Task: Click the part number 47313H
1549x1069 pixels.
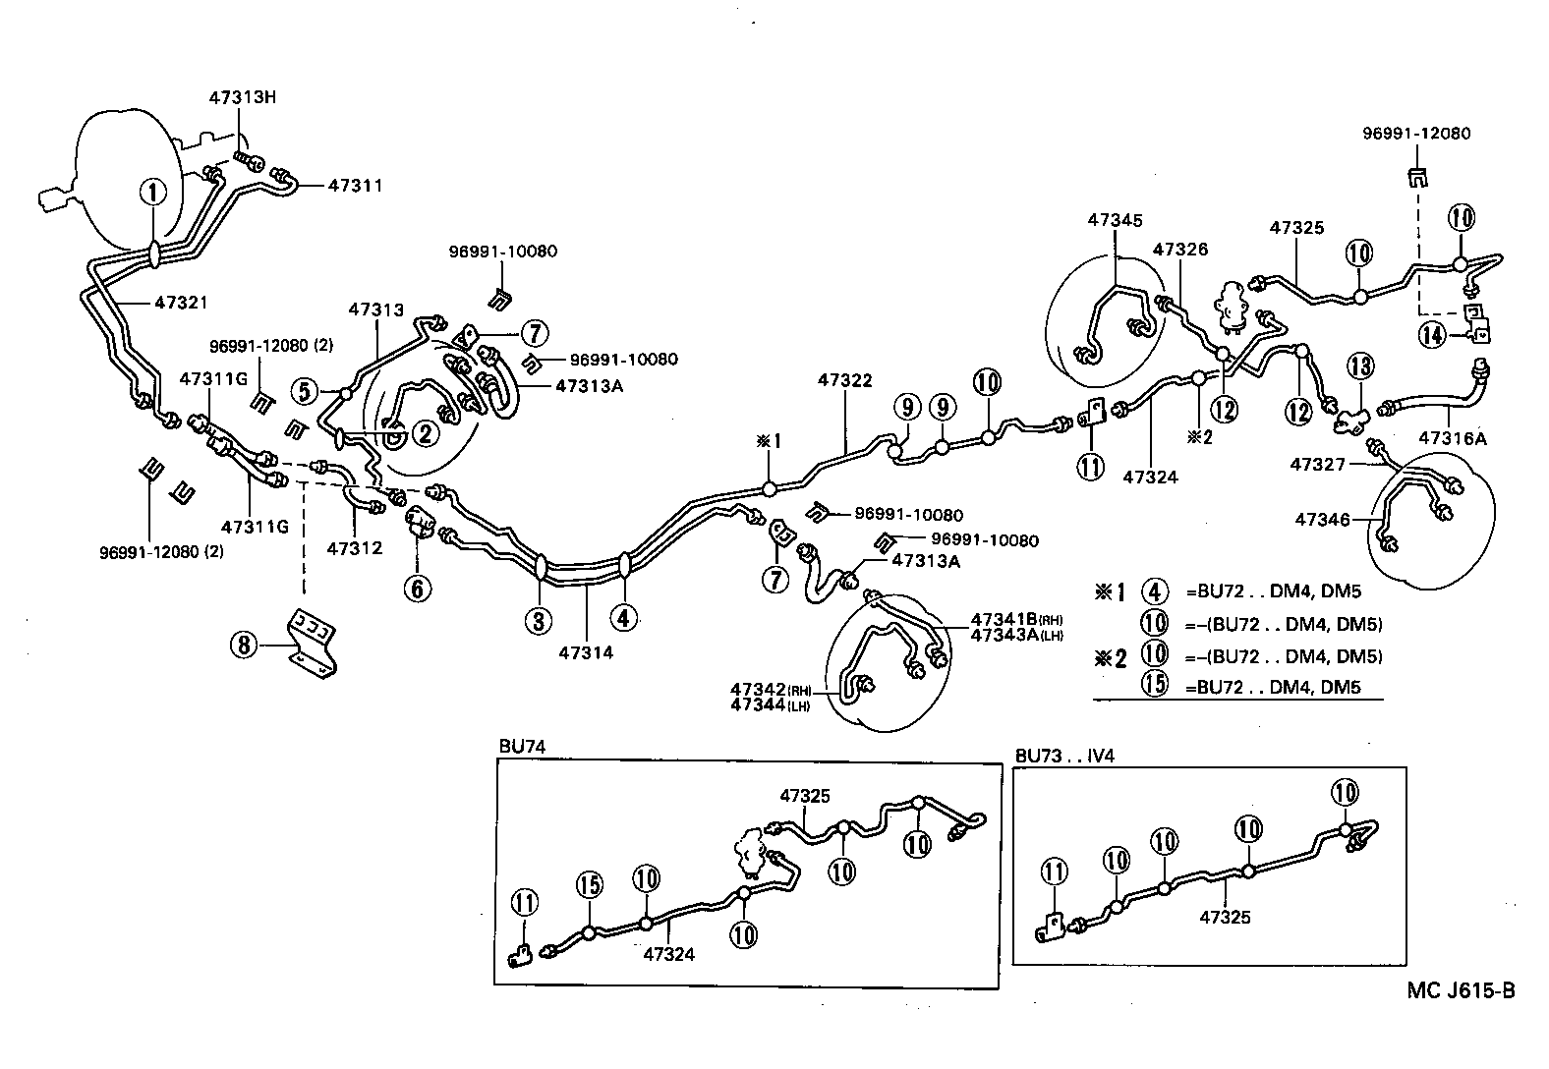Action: (242, 97)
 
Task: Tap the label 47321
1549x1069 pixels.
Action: (181, 303)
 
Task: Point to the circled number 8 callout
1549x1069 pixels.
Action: (243, 646)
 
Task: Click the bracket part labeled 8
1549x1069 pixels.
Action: (312, 643)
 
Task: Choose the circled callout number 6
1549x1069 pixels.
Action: (418, 588)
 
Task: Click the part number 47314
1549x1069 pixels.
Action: (586, 651)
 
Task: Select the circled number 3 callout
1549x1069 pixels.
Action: (540, 620)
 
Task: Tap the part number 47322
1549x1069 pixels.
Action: (844, 380)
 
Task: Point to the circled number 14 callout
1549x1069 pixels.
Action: (1432, 335)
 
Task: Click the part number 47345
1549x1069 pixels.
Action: (1115, 220)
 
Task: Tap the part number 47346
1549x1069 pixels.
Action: (1323, 518)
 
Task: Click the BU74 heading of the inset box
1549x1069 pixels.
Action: (521, 747)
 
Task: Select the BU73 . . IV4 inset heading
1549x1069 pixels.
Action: (1064, 756)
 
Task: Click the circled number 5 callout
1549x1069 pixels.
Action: (305, 391)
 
